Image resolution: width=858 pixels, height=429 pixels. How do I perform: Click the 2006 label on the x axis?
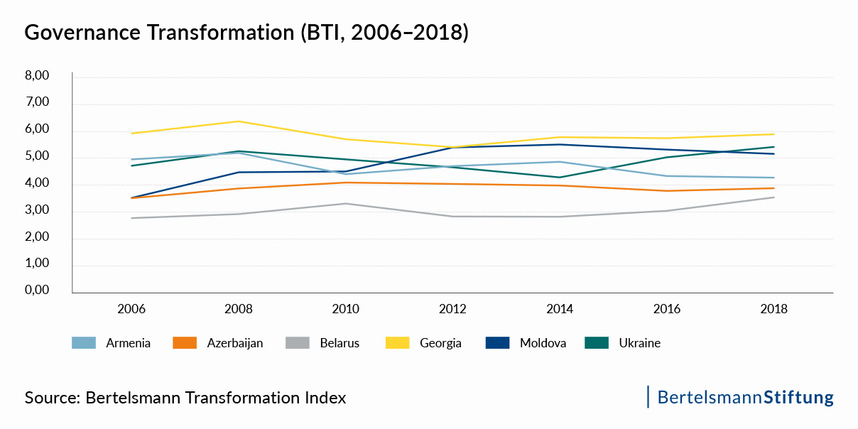pyautogui.click(x=132, y=310)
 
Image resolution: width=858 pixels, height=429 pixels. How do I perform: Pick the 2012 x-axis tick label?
pyautogui.click(x=452, y=310)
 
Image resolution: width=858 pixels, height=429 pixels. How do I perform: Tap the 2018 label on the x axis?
pyautogui.click(x=773, y=310)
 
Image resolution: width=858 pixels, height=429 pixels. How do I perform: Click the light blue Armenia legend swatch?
pyautogui.click(x=84, y=343)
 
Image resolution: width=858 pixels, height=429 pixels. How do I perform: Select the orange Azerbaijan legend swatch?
pyautogui.click(x=185, y=343)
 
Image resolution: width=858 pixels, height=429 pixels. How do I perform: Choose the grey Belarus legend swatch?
pyautogui.click(x=298, y=343)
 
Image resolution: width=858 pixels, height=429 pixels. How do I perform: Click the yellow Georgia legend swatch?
pyautogui.click(x=398, y=343)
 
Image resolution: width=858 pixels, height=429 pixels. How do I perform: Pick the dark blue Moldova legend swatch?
pyautogui.click(x=498, y=343)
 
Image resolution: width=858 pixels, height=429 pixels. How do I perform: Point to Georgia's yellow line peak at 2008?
pyautogui.click(x=239, y=121)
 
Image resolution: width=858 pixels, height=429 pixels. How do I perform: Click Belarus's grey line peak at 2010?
pyautogui.click(x=346, y=204)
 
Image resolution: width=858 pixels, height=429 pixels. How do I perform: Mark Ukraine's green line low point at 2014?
pyautogui.click(x=560, y=178)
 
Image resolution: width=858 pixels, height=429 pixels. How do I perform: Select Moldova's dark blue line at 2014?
pyautogui.click(x=560, y=144)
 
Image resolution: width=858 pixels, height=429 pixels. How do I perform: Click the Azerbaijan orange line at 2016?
pyautogui.click(x=667, y=190)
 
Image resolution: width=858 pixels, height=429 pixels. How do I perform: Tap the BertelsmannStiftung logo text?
pyautogui.click(x=745, y=397)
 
